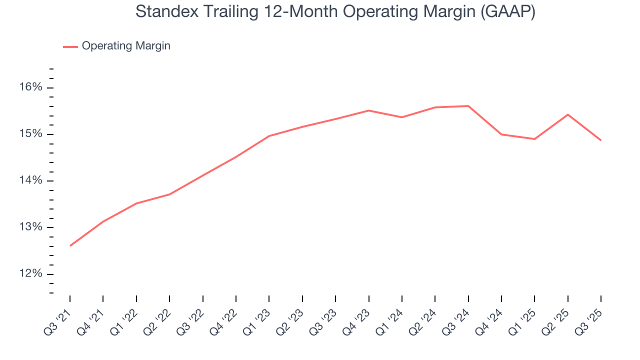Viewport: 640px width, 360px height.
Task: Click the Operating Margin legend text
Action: [126, 46]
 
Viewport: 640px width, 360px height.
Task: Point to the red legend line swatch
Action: [70, 46]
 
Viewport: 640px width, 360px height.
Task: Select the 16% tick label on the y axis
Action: [31, 87]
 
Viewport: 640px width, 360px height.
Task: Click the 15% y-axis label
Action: [31, 134]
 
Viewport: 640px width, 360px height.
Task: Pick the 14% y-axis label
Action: [31, 180]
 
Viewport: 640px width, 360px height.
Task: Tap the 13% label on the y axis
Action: [31, 227]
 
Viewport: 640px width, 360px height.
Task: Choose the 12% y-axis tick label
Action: [31, 274]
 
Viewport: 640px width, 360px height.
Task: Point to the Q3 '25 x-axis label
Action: [590, 317]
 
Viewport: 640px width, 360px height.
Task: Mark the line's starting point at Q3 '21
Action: [70, 245]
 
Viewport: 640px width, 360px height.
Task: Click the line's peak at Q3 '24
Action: [468, 106]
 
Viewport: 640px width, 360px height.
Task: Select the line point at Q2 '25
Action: [567, 114]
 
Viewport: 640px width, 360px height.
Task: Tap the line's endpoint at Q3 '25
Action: [600, 140]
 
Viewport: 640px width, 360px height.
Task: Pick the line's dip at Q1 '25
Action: [534, 139]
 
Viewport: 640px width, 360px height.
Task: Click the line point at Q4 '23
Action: [368, 110]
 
